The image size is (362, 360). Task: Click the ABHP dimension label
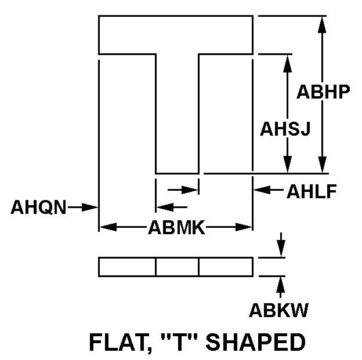coord(323,92)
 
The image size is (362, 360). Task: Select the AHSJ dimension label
coord(285,129)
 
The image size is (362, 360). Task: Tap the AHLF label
coord(312,191)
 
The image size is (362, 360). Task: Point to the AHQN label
coord(38,207)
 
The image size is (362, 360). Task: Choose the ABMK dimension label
coord(176,227)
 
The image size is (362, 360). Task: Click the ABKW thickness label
coord(279,310)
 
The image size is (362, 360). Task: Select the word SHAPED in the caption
coord(256,342)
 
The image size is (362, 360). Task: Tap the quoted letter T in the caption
coord(180,342)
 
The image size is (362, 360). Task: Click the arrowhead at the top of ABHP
coord(322,24)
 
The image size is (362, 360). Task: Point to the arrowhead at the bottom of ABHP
coord(322,165)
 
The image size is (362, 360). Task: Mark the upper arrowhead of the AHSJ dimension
coord(287,63)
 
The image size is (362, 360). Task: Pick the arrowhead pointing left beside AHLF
coord(262,190)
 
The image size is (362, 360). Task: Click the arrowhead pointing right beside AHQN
coord(90,207)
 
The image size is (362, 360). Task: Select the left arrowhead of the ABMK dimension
coord(108,227)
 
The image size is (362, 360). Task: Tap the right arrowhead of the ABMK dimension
coord(244,227)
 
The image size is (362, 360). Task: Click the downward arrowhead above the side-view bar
coord(281,249)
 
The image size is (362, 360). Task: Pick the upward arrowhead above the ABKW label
coord(281,285)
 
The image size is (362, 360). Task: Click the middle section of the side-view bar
coord(177,267)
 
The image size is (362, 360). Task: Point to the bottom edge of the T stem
coord(178,173)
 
